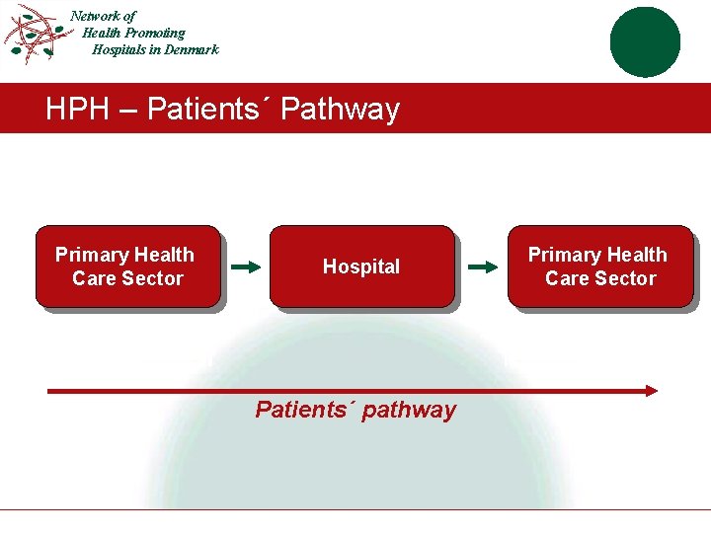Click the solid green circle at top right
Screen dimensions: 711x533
click(645, 41)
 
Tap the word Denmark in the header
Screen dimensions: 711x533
click(187, 49)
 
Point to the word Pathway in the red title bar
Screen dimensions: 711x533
click(340, 109)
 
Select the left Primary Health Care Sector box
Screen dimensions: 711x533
click(128, 267)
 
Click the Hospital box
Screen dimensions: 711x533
click(361, 267)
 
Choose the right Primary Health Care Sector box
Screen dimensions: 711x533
click(600, 267)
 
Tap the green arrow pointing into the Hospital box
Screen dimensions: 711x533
click(247, 266)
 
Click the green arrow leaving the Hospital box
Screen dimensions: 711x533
click(483, 266)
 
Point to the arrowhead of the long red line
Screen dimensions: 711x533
click(651, 391)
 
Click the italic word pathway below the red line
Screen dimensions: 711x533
click(409, 410)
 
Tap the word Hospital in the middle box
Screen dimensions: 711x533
click(361, 266)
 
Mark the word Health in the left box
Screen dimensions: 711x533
click(164, 255)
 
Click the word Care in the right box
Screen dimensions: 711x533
click(567, 278)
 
